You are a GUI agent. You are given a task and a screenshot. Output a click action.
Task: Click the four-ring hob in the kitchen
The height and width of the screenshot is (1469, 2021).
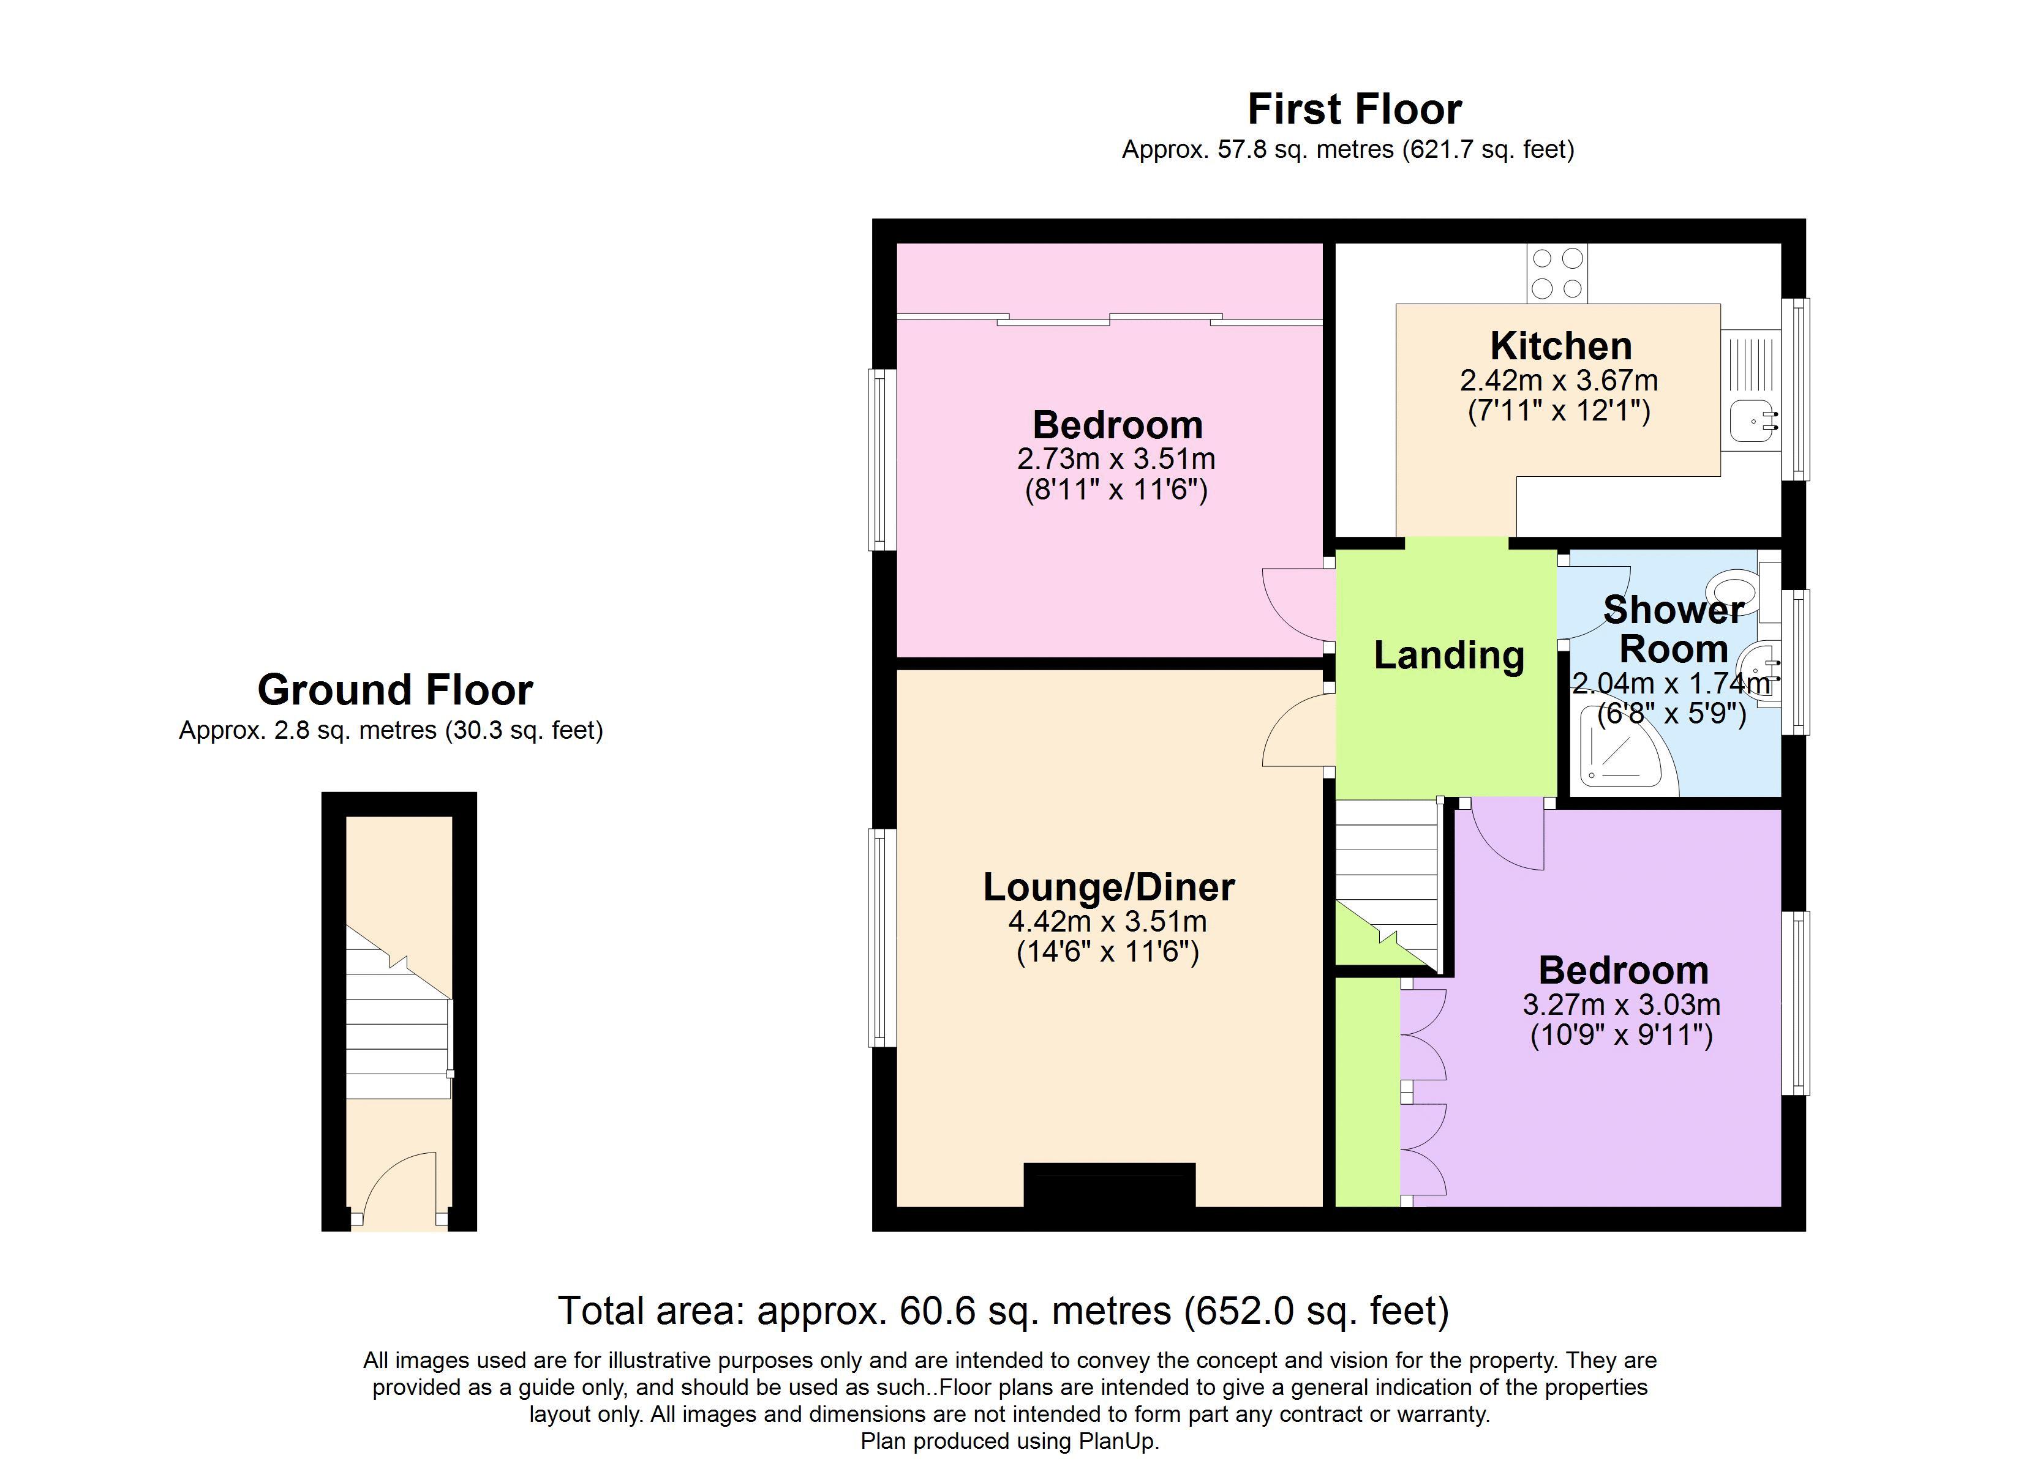tap(1557, 272)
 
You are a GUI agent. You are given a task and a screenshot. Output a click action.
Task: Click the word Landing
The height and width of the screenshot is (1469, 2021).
tap(1449, 655)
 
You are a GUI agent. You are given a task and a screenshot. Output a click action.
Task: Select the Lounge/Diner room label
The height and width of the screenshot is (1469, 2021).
tap(1110, 888)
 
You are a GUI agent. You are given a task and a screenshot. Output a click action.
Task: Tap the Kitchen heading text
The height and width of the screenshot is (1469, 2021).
tap(1561, 346)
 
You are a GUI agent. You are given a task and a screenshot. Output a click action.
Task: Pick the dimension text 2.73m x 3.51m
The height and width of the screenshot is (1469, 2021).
tap(1116, 459)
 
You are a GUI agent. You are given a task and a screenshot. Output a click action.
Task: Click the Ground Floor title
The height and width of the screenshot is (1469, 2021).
tap(395, 690)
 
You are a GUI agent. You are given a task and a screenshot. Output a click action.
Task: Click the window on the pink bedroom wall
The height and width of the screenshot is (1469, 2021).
tap(882, 460)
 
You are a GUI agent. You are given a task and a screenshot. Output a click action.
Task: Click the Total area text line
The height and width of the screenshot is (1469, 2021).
tap(1003, 1310)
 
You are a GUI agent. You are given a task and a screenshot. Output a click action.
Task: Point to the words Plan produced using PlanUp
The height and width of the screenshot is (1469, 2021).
tap(1010, 1441)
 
